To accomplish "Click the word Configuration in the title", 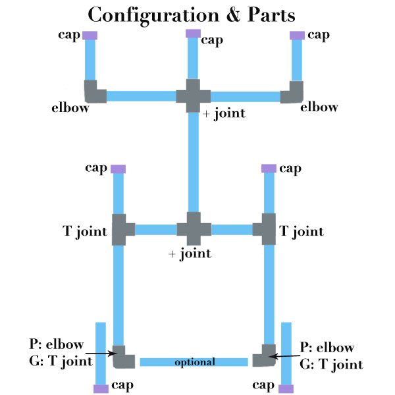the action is (x=153, y=16).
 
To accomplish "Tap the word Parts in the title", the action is (x=271, y=14).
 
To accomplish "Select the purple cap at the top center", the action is (x=193, y=34).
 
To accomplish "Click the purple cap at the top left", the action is (x=90, y=36).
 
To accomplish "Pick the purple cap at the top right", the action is (x=298, y=36).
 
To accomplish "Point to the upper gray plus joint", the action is (x=193, y=96).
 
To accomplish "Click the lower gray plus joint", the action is (x=194, y=228).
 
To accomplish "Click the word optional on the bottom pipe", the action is (x=195, y=362).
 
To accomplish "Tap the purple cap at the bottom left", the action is (x=101, y=388).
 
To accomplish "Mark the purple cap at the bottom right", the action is (x=286, y=388).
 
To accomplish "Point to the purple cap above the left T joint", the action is (x=118, y=169).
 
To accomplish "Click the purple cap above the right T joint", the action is (x=269, y=169).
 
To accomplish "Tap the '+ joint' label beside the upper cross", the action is (x=224, y=114).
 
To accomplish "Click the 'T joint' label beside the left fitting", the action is (x=85, y=231).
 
